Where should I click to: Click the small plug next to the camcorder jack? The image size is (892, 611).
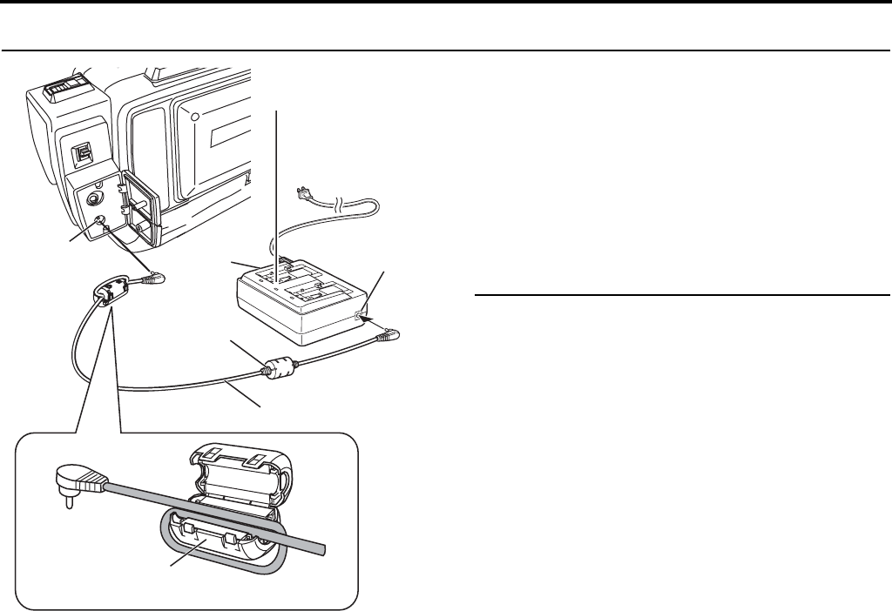pos(156,279)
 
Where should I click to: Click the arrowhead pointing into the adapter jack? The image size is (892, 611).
pos(369,321)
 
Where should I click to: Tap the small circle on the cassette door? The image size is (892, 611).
pos(195,117)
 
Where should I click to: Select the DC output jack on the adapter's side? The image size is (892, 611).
pos(360,315)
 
